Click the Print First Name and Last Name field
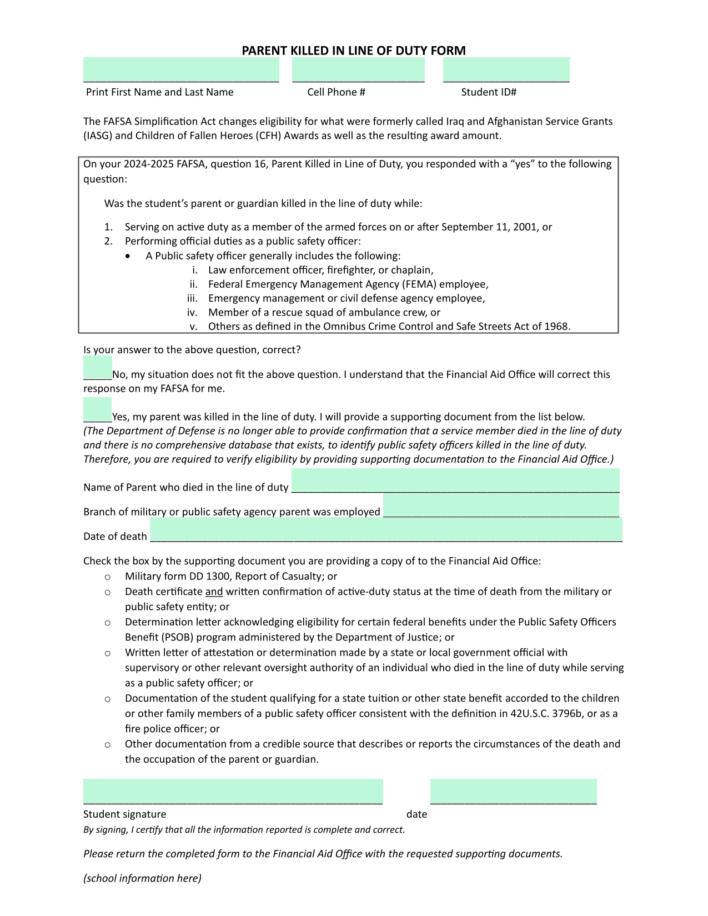tap(181, 70)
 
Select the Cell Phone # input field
tap(358, 70)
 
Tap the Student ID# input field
tap(506, 70)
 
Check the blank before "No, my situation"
tap(98, 368)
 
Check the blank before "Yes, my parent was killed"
tap(98, 410)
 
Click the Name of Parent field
tap(455, 480)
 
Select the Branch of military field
tap(501, 505)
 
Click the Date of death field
tap(386, 529)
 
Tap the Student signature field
tap(233, 791)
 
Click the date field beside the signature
tap(513, 791)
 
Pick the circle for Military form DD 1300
tap(108, 577)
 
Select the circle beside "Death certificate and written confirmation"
tap(108, 593)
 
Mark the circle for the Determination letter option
tap(108, 623)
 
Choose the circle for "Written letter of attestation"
tap(108, 653)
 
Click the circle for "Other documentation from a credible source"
tap(108, 744)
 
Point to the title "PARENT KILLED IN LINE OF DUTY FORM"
tap(354, 51)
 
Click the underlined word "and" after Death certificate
tap(214, 592)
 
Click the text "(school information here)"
tap(142, 878)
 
